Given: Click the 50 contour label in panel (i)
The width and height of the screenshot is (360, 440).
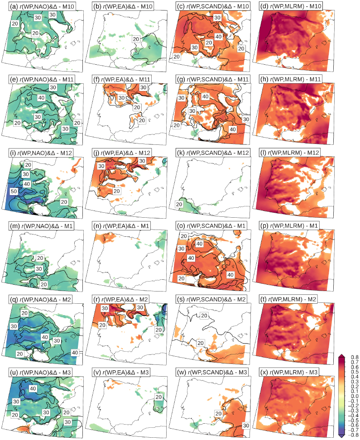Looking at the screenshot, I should pyautogui.click(x=14, y=192).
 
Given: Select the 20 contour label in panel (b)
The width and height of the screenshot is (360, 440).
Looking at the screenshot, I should pyautogui.click(x=135, y=39).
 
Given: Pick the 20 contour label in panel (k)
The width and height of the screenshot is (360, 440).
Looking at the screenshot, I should pyautogui.click(x=179, y=205).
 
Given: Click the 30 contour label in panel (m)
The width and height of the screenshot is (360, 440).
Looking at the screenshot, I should pyautogui.click(x=39, y=268).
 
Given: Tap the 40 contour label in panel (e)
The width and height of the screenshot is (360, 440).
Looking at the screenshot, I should pyautogui.click(x=42, y=98).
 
